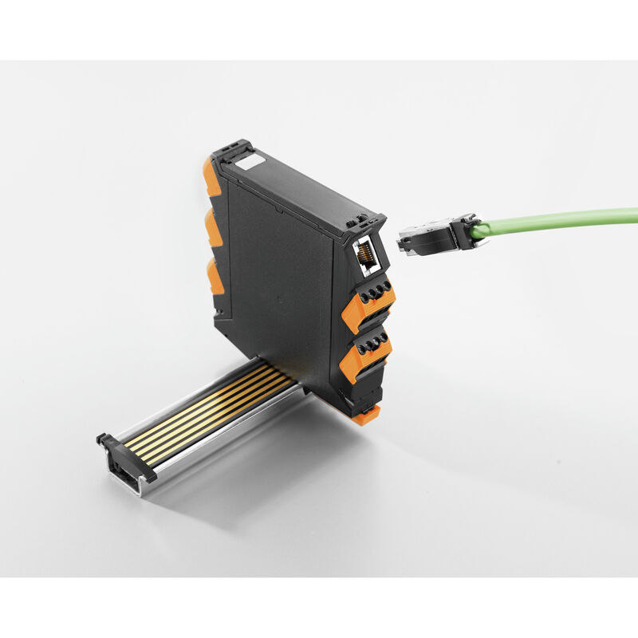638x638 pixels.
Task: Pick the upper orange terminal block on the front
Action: coord(368,304)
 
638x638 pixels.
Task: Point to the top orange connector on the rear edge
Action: coord(211,177)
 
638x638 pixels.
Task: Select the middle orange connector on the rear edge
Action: coord(215,229)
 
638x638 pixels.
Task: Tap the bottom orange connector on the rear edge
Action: coord(215,276)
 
